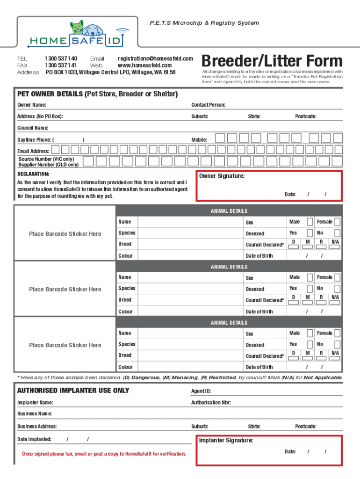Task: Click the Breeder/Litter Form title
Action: tap(272, 61)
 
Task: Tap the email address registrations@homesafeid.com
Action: tap(155, 58)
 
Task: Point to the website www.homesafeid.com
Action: tap(144, 65)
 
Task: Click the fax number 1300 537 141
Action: tap(60, 65)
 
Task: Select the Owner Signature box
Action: tap(269, 186)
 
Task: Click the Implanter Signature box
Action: tap(269, 450)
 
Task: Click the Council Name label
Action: tap(33, 128)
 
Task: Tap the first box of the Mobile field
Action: tap(219, 138)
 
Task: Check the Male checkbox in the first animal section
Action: tap(310, 222)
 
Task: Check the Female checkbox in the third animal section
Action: tap(337, 333)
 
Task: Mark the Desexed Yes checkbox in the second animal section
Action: tap(310, 289)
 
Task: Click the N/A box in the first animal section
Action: tap(335, 247)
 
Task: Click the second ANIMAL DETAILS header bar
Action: tap(229, 267)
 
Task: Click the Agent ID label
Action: tap(201, 391)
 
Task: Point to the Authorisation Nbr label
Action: tap(211, 402)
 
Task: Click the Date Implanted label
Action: tap(34, 439)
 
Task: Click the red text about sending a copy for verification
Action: tap(104, 454)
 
